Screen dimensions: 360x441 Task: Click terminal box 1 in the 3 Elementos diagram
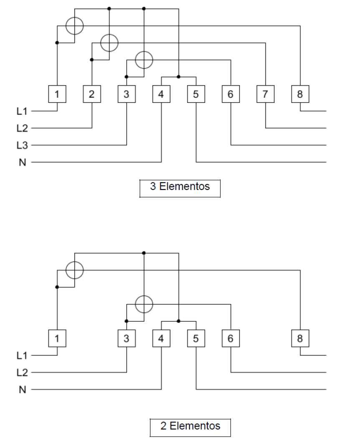click(57, 94)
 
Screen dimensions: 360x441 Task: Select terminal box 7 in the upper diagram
click(266, 94)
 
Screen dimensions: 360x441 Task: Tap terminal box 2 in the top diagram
click(92, 94)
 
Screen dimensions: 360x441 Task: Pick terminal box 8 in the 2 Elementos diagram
click(300, 338)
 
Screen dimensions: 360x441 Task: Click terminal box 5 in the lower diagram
click(196, 338)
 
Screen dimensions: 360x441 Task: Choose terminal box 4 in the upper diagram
click(162, 94)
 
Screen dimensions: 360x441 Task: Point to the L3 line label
click(22, 145)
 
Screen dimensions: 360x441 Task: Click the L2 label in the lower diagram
click(22, 373)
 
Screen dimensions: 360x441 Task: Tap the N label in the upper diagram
click(23, 162)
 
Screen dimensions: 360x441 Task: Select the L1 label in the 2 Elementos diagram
click(22, 355)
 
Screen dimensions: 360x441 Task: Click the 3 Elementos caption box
click(180, 180)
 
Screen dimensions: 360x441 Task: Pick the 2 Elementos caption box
click(190, 419)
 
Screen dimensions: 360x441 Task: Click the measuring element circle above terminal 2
click(109, 34)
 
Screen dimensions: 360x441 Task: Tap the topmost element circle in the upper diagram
click(74, 17)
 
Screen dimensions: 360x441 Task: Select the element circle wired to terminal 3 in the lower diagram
click(144, 296)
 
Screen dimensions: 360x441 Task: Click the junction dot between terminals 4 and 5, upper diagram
click(179, 77)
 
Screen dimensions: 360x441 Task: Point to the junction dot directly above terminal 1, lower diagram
click(57, 287)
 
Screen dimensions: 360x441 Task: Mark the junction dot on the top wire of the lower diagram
click(144, 253)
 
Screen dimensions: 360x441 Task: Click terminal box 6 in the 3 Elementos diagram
click(231, 94)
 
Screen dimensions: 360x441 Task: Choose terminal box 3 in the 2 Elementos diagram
click(127, 338)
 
